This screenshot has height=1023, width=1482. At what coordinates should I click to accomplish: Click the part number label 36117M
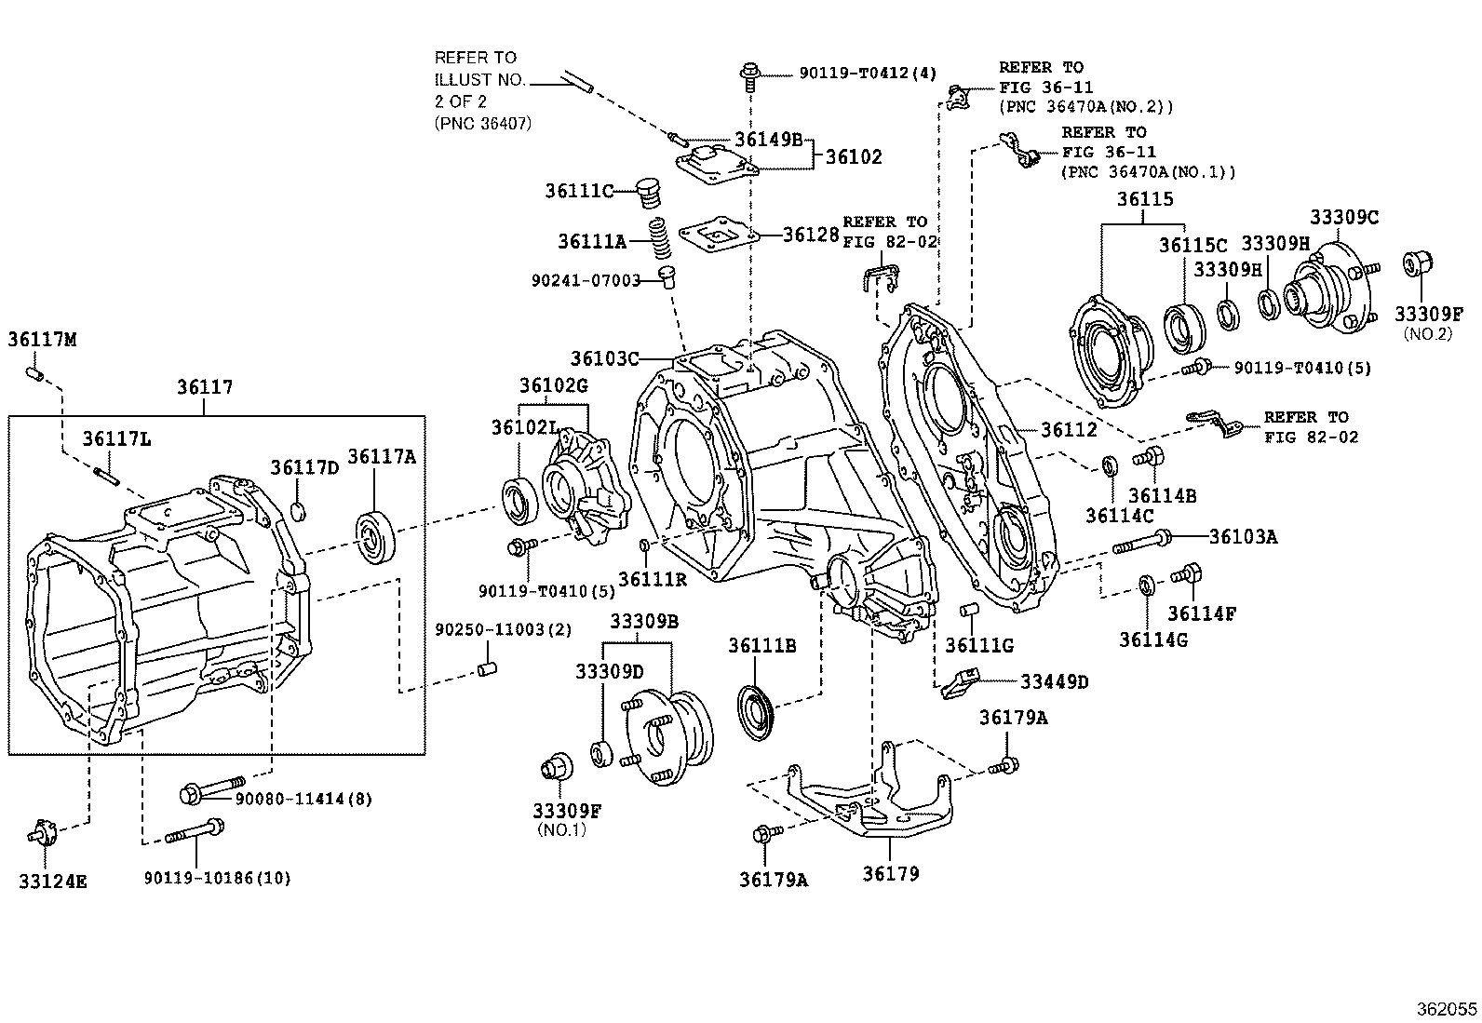(42, 340)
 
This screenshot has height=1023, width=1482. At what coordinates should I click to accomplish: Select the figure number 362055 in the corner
(1446, 1009)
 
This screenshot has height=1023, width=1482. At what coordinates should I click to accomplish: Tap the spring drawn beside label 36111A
(659, 240)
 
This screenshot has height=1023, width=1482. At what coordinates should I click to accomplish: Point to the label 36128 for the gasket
(812, 234)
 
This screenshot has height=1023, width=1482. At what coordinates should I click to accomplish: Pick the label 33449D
(1054, 681)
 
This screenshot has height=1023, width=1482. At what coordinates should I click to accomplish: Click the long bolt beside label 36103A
(1142, 542)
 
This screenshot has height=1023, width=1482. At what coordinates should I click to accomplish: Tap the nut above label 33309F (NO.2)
(1417, 265)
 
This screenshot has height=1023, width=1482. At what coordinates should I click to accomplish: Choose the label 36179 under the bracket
(890, 873)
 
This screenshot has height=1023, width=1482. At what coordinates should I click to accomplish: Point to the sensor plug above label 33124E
(44, 832)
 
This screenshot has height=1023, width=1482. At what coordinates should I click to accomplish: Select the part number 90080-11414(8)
(303, 799)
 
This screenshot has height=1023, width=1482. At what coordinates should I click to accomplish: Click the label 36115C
(1192, 245)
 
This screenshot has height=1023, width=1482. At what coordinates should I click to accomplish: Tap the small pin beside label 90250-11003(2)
(485, 667)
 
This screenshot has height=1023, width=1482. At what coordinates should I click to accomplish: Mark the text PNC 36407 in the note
(483, 123)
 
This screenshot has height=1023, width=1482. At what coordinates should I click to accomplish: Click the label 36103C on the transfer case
(605, 358)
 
